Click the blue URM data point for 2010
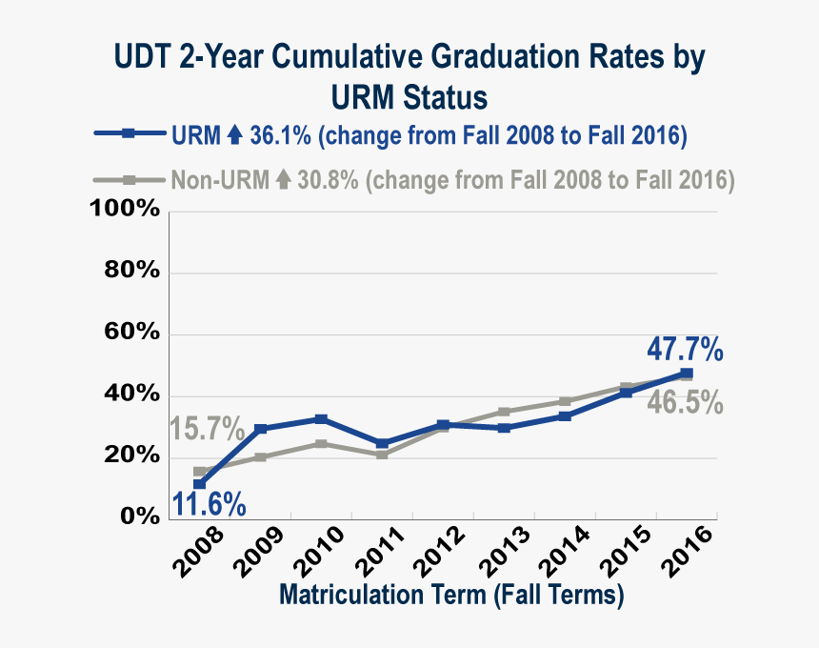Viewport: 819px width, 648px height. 322,419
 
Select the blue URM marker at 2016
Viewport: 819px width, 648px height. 687,374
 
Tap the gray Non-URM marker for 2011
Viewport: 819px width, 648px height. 382,455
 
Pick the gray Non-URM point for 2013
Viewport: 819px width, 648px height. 504,412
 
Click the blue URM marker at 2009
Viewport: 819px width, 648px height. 261,429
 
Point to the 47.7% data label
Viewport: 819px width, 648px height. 684,350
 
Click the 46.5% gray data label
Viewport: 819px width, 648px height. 685,403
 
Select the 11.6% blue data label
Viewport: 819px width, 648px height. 210,502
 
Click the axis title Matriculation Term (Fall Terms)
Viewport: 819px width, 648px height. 451,597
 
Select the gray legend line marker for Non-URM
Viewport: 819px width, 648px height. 129,179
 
